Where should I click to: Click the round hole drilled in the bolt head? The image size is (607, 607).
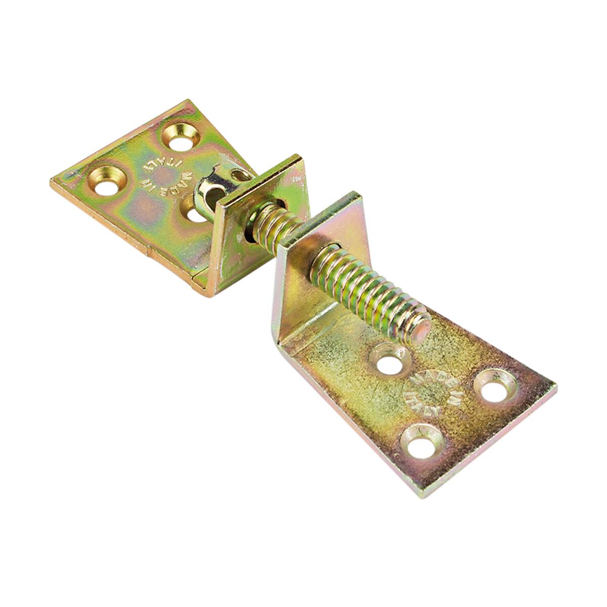point(213,197)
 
